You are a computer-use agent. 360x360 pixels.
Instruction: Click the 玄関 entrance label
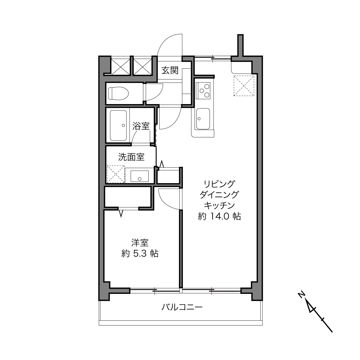coord(170,70)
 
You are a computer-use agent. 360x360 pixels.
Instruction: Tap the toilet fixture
coord(118,93)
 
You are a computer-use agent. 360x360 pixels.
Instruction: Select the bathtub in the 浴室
coord(118,125)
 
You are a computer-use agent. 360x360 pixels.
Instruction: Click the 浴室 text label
coord(141,126)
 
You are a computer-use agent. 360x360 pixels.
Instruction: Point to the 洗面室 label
coord(131,157)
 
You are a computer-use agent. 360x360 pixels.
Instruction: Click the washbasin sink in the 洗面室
coord(139,176)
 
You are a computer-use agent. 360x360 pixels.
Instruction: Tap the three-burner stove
coord(203,91)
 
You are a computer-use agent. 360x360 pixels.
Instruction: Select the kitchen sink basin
coord(203,119)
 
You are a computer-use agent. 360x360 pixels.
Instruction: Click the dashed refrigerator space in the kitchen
coord(244,86)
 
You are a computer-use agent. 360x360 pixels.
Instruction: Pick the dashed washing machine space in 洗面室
coord(116,174)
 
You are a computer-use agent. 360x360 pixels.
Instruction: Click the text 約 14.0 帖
coord(219,216)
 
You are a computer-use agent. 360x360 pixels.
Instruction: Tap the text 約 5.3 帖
coord(140,254)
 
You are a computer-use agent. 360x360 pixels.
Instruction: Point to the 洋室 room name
coord(140,243)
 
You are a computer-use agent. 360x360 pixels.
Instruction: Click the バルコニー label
coord(182,307)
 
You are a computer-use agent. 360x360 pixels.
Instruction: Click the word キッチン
coord(219,206)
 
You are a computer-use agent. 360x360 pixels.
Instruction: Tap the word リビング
coord(219,184)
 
